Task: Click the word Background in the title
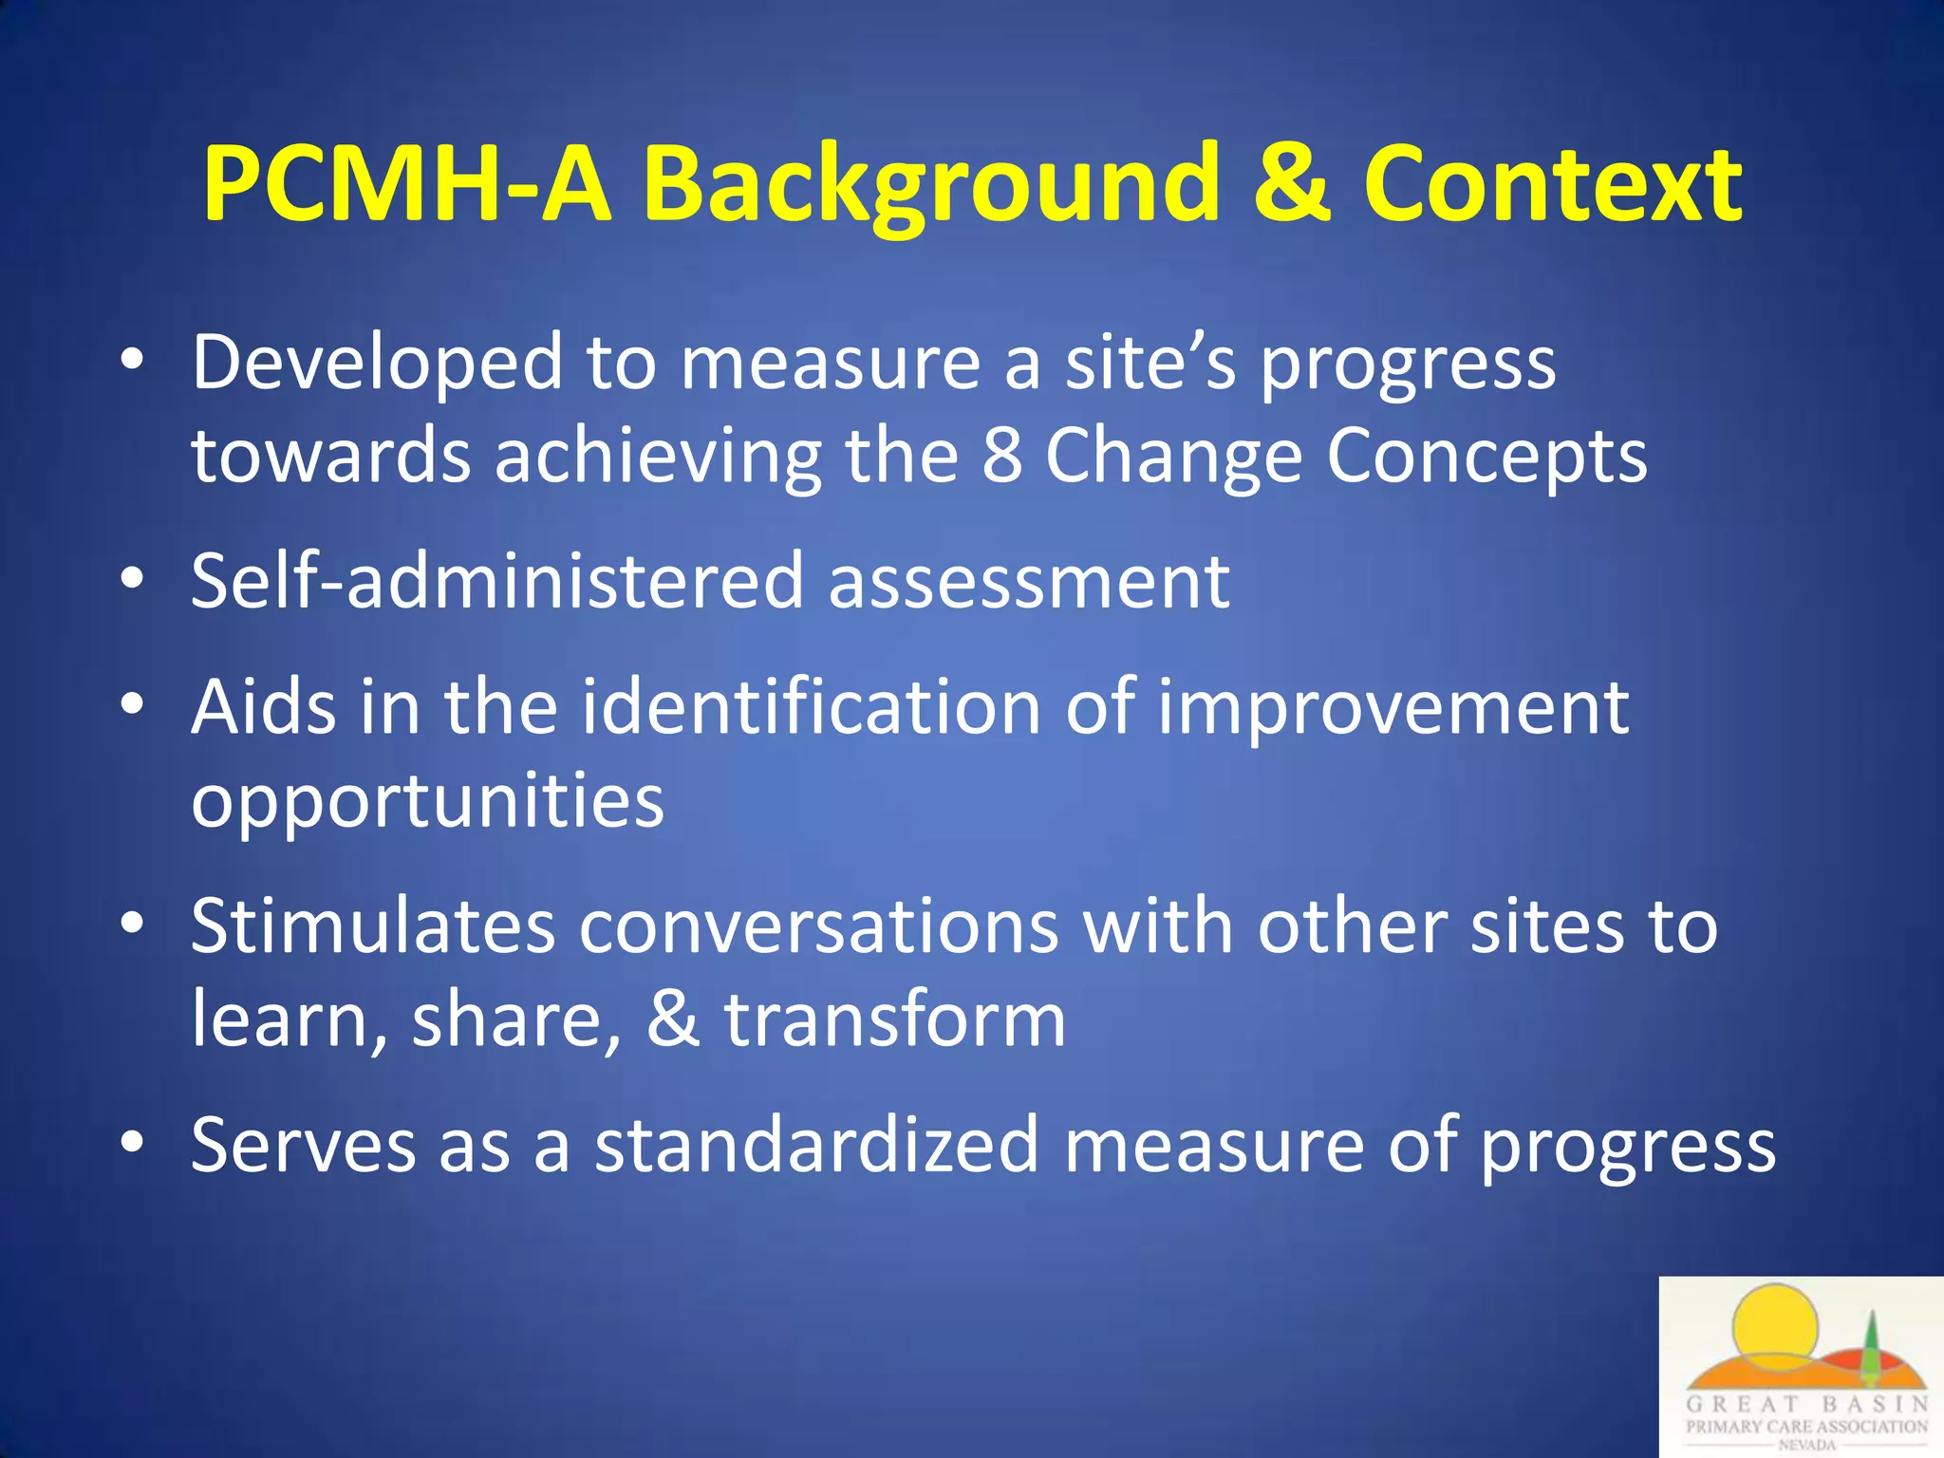[929, 185]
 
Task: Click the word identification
[811, 707]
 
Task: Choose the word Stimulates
[372, 926]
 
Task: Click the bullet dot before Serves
[133, 1142]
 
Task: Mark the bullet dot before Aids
[133, 704]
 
